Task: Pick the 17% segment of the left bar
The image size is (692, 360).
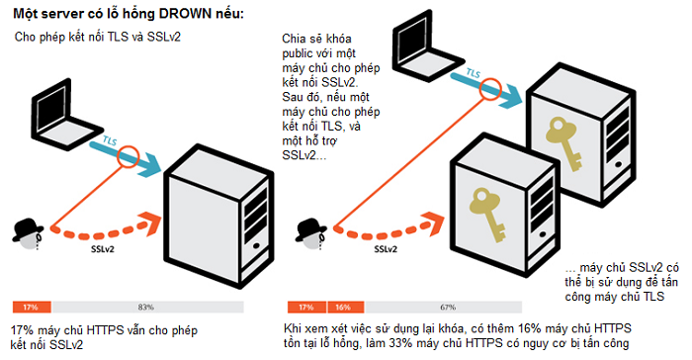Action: click(x=32, y=307)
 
